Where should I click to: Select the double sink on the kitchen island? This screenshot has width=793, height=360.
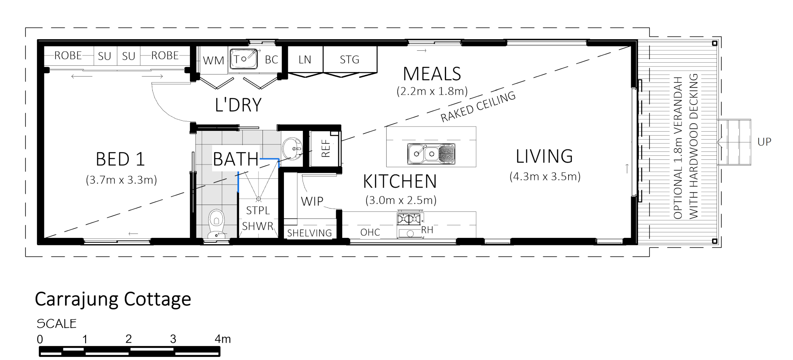[431, 153]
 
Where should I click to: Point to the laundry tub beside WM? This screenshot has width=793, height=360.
[243, 59]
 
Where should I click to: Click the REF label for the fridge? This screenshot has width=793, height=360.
[326, 148]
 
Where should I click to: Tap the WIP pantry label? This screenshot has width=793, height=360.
[312, 201]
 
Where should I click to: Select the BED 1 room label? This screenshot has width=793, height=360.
[120, 159]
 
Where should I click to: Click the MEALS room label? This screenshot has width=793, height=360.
[432, 74]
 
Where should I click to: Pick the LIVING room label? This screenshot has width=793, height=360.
[544, 156]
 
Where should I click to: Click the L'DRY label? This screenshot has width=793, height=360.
[238, 105]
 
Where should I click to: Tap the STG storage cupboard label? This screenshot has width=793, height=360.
[349, 59]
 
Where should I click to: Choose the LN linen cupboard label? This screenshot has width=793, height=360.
[305, 59]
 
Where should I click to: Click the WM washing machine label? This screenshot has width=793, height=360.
[213, 60]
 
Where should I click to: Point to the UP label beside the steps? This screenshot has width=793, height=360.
[764, 142]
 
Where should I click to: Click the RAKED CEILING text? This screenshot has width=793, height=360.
[478, 107]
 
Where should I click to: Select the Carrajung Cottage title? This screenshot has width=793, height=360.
[113, 299]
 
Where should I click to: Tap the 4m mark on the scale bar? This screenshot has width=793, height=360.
[222, 339]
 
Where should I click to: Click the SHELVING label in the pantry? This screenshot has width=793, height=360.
[309, 233]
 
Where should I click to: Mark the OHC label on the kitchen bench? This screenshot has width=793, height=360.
[370, 232]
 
